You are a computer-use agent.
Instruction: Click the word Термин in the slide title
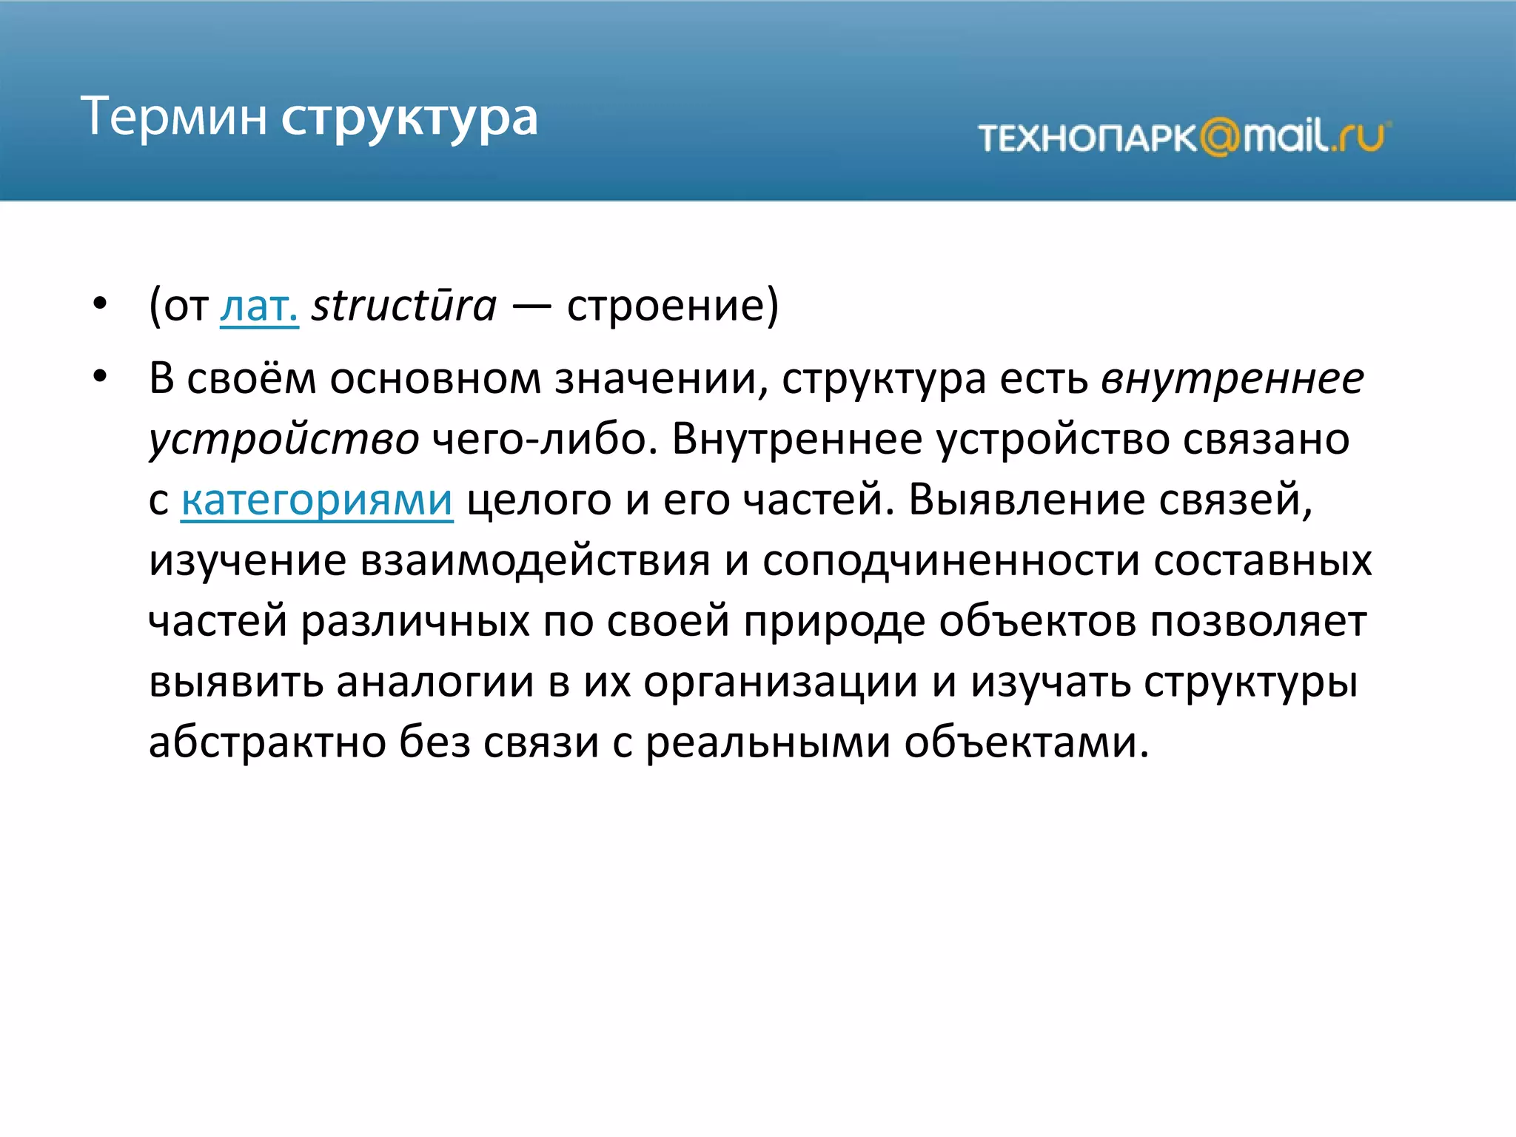tap(174, 116)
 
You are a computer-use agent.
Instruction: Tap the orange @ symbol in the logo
tap(1219, 138)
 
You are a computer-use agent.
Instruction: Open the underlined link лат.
tap(259, 306)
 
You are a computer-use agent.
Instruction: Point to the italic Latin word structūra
tap(403, 306)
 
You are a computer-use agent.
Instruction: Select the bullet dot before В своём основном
tap(100, 376)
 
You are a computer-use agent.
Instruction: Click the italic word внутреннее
tap(1232, 379)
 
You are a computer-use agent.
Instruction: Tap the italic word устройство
tap(284, 440)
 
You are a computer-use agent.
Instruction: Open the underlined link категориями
tap(317, 500)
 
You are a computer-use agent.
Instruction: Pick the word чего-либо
tap(543, 440)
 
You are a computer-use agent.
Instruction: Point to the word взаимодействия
tap(535, 560)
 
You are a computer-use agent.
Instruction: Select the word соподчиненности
tap(950, 560)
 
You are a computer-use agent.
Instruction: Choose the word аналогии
tap(435, 682)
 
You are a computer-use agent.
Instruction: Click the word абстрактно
tap(267, 742)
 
